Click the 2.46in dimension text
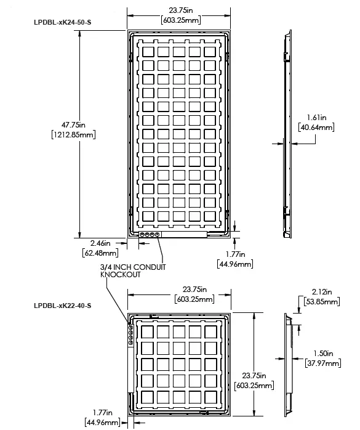click(x=99, y=243)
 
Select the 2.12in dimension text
click(x=321, y=292)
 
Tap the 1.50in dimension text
click(x=321, y=354)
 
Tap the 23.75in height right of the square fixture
click(x=254, y=375)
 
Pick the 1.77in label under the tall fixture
click(x=234, y=254)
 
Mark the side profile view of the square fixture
click(x=287, y=365)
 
